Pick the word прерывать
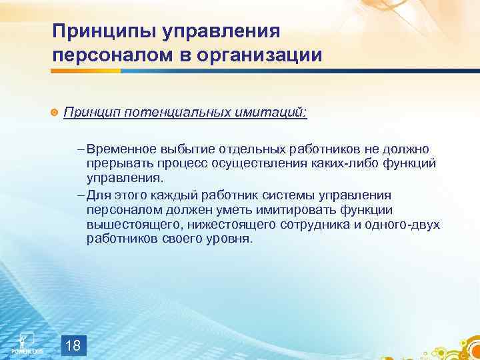click(115, 163)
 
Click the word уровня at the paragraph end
click(231, 239)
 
